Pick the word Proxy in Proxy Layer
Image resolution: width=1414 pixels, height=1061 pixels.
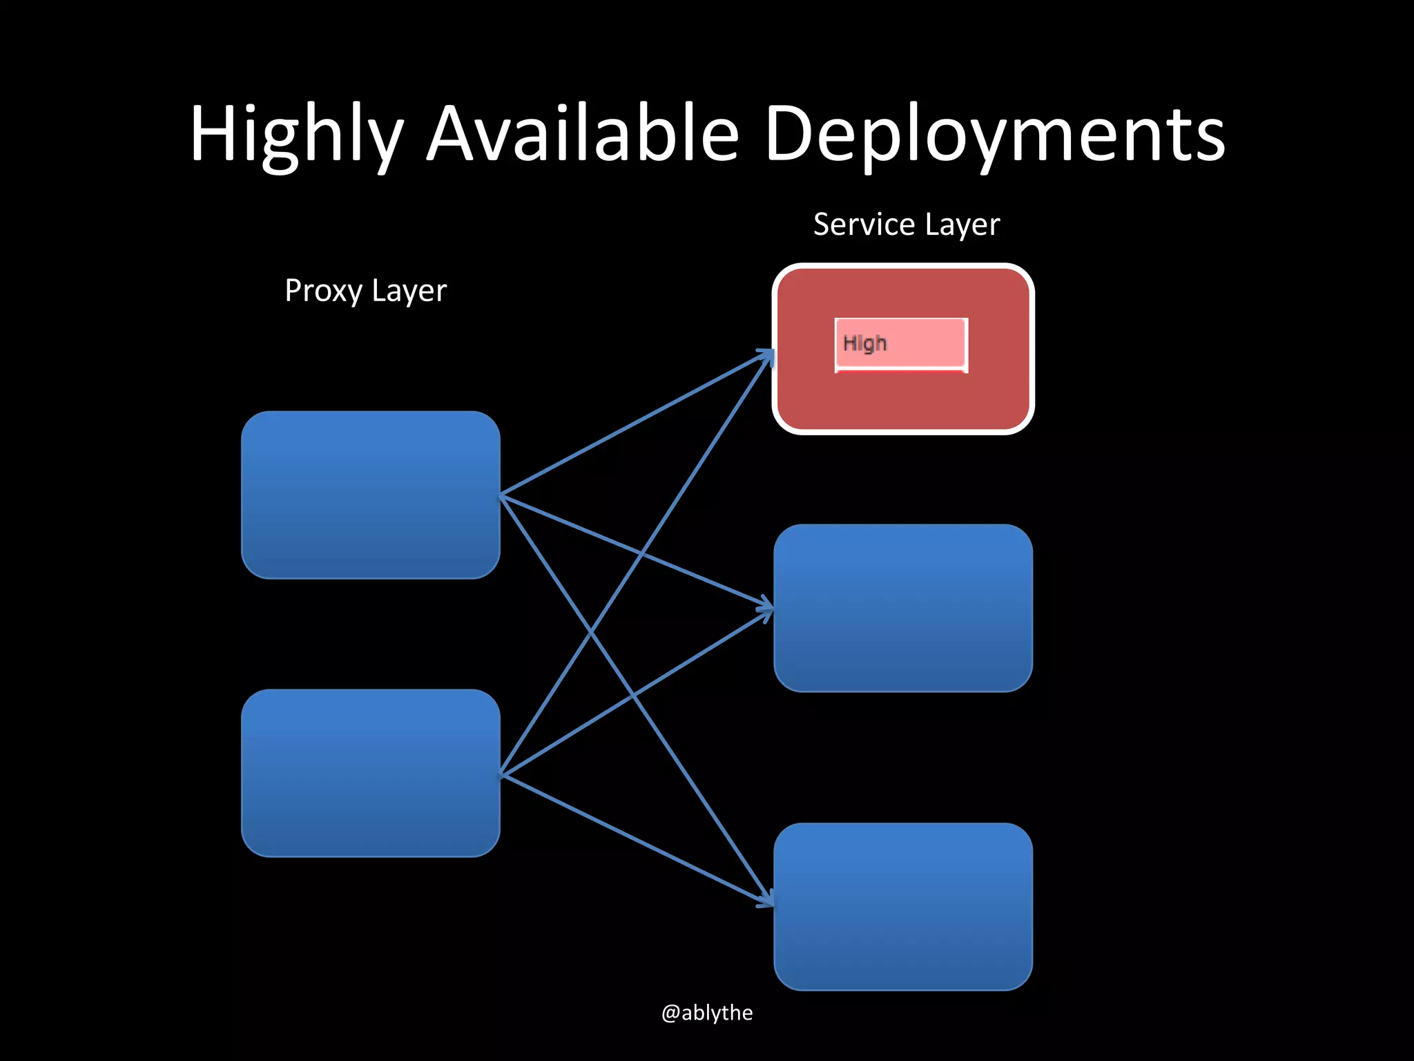tap(323, 291)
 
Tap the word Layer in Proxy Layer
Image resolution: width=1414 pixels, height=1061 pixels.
tap(409, 291)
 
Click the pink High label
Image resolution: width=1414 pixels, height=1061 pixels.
tap(900, 344)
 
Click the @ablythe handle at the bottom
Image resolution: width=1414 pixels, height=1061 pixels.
tap(707, 1013)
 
